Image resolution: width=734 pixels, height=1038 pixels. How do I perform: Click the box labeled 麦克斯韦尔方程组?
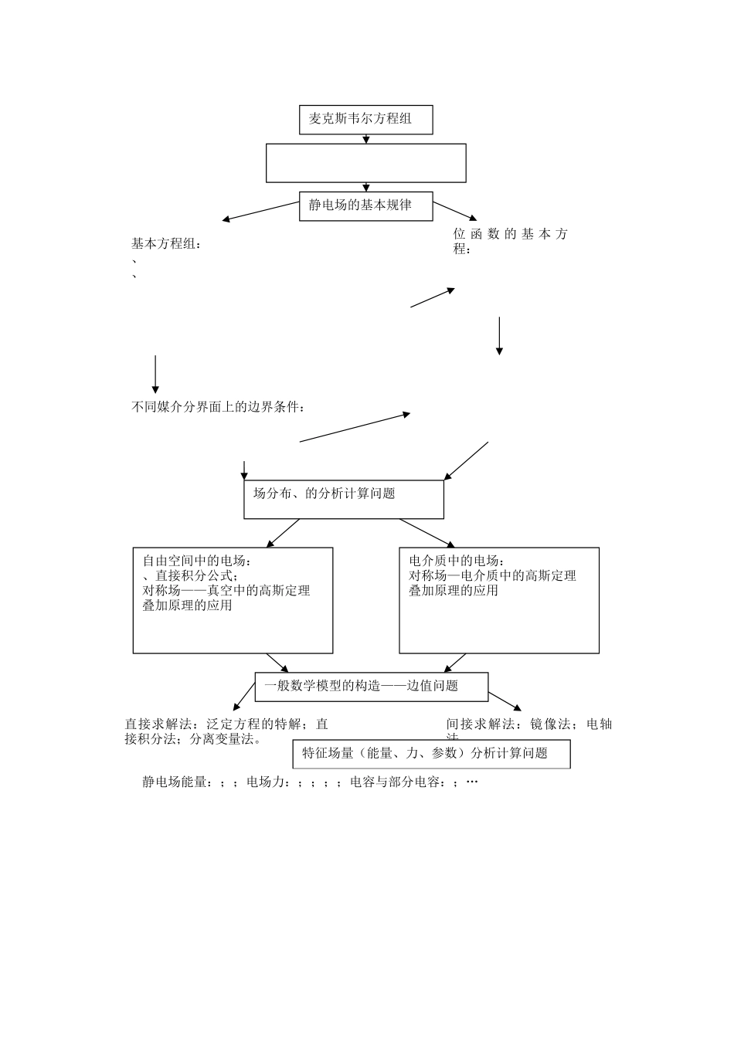(365, 120)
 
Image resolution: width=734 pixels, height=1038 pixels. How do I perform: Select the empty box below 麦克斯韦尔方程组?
(365, 163)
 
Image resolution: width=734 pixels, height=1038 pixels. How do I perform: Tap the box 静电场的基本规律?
(365, 205)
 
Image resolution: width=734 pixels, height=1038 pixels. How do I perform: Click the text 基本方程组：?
(166, 244)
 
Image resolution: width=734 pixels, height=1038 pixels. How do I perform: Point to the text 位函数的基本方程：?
(510, 241)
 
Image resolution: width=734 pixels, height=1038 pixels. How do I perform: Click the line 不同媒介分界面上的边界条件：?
(218, 407)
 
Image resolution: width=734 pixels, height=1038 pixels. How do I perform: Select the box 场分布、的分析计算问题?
(344, 499)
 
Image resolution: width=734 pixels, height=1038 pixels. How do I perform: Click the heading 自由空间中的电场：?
(197, 561)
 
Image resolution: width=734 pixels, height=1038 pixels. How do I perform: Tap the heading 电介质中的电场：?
(457, 561)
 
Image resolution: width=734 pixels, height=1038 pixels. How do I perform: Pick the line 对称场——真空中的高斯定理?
(226, 591)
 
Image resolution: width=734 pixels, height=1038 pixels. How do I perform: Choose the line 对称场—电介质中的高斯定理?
(492, 575)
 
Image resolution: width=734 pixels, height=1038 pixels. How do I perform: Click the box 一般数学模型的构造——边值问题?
(372, 686)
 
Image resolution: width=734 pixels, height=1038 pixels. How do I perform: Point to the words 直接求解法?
(155, 724)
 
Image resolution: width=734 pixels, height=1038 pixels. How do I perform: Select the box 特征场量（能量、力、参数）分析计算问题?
(431, 754)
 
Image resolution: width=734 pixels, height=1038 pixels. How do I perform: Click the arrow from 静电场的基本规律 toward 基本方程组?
(260, 212)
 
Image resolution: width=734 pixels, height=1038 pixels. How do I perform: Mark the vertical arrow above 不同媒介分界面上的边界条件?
(155, 374)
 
